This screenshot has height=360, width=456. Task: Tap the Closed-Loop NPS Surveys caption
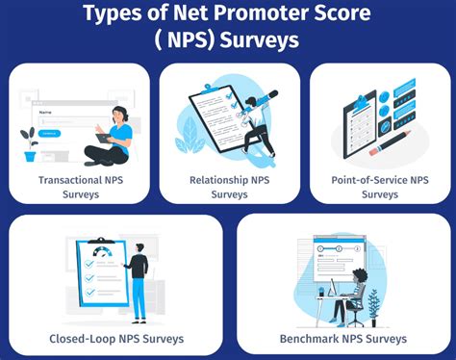(116, 338)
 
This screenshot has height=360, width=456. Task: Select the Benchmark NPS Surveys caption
(343, 338)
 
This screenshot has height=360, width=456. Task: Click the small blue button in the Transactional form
(50, 132)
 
